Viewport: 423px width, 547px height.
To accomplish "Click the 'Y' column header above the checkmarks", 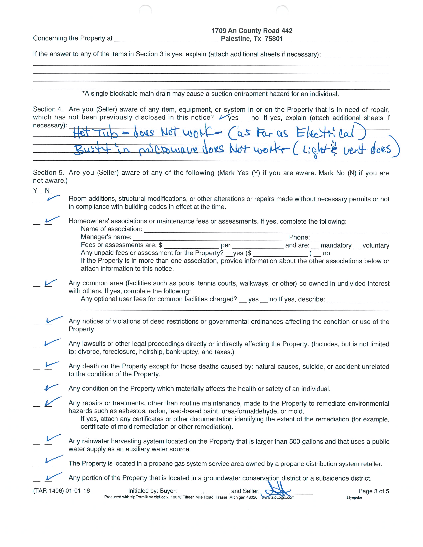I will pos(35,191).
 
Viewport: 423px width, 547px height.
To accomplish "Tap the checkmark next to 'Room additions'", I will pos(52,199).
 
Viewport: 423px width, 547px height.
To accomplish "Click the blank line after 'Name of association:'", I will pos(266,229).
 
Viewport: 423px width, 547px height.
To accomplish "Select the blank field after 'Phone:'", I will pos(350,237).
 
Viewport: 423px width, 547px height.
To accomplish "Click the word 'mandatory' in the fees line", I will pos(336,246).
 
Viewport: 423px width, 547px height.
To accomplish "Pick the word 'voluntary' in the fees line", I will pos(376,246).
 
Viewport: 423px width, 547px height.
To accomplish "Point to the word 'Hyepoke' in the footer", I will pos(354,497).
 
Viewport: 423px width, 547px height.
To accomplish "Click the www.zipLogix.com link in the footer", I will pos(278,497).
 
